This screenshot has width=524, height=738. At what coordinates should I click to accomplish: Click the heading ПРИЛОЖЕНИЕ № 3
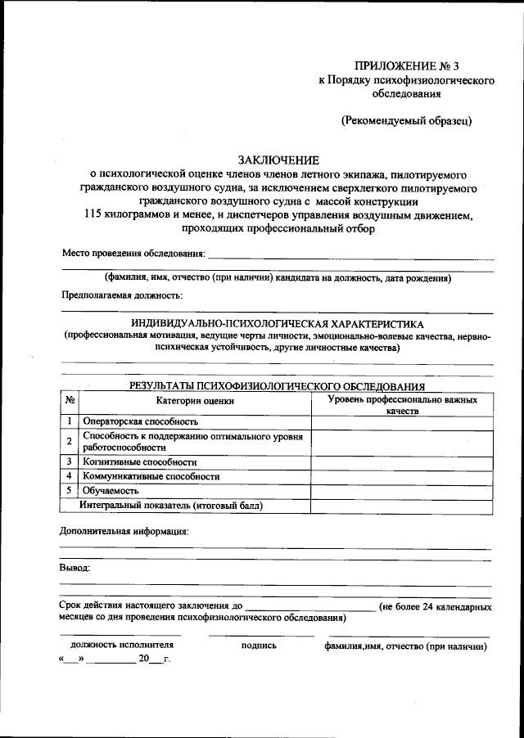(x=413, y=65)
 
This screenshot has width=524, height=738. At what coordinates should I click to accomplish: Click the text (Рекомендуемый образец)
(x=407, y=120)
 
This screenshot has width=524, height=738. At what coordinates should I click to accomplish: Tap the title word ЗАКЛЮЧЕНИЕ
(x=278, y=160)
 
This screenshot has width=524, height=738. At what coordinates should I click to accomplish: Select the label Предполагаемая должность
(x=122, y=294)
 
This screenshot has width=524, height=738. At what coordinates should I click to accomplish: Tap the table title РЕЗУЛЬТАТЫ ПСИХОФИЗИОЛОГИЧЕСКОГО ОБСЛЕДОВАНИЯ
(x=278, y=385)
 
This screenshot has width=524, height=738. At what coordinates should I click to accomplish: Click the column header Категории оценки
(x=195, y=401)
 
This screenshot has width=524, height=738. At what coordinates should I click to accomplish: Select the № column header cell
(x=70, y=401)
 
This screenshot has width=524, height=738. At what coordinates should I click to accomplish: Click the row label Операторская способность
(x=141, y=421)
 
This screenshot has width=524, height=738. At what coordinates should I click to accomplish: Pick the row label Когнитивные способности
(x=140, y=461)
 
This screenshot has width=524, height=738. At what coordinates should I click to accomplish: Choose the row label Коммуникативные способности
(x=151, y=475)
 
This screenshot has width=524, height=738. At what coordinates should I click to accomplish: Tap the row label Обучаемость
(x=111, y=490)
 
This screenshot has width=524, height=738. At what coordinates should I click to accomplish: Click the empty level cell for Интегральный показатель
(x=402, y=505)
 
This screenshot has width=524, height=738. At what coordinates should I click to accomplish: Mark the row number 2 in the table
(x=70, y=441)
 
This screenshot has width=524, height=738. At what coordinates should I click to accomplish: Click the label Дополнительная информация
(x=124, y=531)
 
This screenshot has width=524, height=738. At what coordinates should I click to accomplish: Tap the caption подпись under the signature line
(x=260, y=646)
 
